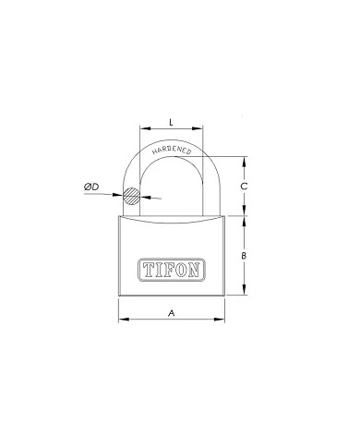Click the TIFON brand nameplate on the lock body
[x=173, y=270]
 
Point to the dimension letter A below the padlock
[x=173, y=314]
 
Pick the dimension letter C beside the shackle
[x=243, y=186]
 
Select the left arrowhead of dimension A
[x=122, y=321]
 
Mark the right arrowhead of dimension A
[x=223, y=321]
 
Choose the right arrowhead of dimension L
[x=202, y=130]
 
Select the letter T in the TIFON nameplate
[x=147, y=270]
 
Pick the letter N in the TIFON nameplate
[x=198, y=270]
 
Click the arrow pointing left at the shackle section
[x=148, y=199]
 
